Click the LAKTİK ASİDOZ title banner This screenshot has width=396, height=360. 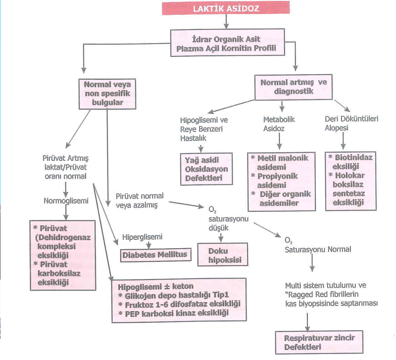(227, 9)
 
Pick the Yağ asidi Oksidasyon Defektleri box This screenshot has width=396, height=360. (207, 169)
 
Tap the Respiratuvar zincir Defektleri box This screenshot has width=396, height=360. (319, 342)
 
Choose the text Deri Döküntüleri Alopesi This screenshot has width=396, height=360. (351, 123)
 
